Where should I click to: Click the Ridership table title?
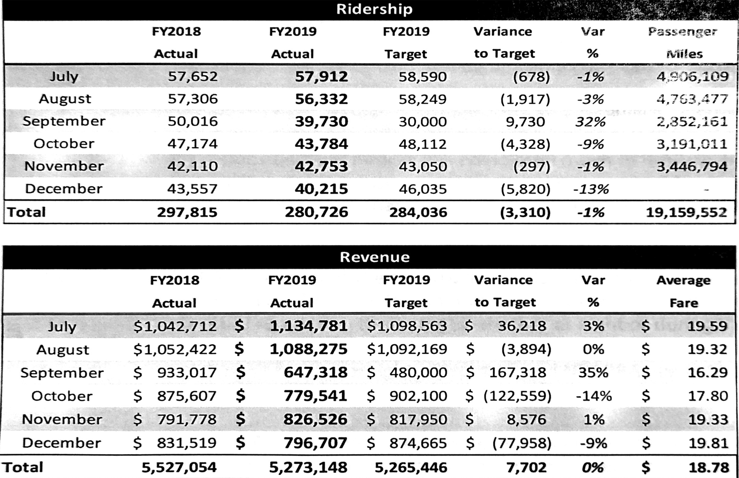pyautogui.click(x=374, y=9)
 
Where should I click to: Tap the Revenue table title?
pyautogui.click(x=374, y=257)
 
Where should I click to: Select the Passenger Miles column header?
pyautogui.click(x=683, y=42)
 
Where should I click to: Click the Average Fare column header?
pyautogui.click(x=683, y=291)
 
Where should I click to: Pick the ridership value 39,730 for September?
pyautogui.click(x=321, y=122)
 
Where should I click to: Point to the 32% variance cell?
pyautogui.click(x=590, y=122)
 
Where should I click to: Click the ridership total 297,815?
pyautogui.click(x=187, y=212)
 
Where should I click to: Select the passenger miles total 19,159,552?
pyautogui.click(x=686, y=212)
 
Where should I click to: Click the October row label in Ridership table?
pyautogui.click(x=64, y=144)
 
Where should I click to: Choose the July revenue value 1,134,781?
pyautogui.click(x=308, y=326)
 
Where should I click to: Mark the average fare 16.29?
pyautogui.click(x=707, y=372)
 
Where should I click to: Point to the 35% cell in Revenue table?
pyautogui.click(x=593, y=372)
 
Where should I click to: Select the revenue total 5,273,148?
pyautogui.click(x=308, y=467)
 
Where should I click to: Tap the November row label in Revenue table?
pyautogui.click(x=62, y=419)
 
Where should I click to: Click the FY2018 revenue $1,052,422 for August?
pyautogui.click(x=175, y=349)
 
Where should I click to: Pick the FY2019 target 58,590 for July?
pyautogui.click(x=422, y=77)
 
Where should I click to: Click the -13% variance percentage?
pyautogui.click(x=591, y=189)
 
